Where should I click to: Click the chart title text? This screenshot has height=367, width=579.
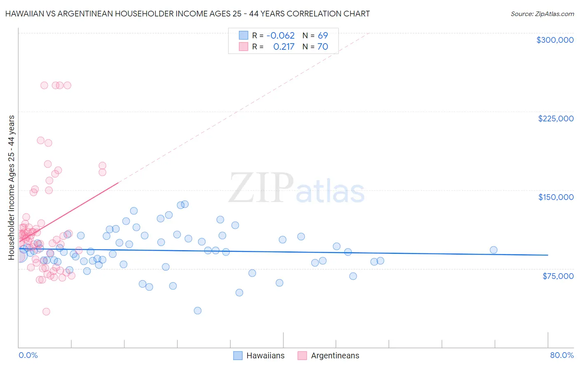point(187,14)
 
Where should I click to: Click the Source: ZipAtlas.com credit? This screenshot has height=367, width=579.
point(542,14)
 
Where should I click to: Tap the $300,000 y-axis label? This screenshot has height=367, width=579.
point(555,40)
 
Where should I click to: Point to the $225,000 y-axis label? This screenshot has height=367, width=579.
point(556,118)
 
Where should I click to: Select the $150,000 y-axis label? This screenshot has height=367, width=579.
point(556,197)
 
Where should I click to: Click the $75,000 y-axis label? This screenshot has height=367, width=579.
point(558,276)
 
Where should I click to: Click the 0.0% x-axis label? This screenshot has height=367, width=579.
point(28,355)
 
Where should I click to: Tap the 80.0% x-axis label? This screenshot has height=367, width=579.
point(562,355)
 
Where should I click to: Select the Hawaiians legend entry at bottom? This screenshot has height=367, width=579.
point(259,355)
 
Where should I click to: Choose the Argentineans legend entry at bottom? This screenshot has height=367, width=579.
point(328,355)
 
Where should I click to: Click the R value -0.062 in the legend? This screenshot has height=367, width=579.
point(280,36)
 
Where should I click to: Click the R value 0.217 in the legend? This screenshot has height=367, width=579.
point(284,47)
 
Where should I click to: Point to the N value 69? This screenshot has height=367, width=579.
point(322,36)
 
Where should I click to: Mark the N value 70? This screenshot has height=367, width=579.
point(322,47)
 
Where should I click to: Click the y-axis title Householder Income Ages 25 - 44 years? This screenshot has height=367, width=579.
point(12,188)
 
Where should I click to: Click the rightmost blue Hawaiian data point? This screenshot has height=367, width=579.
point(493,250)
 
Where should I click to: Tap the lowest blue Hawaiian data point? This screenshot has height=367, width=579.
point(198,311)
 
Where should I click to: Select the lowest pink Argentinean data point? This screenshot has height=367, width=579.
point(47,311)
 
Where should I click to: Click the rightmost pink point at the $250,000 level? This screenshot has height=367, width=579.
point(68,85)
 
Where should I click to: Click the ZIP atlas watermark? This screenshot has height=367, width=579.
point(297,188)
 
